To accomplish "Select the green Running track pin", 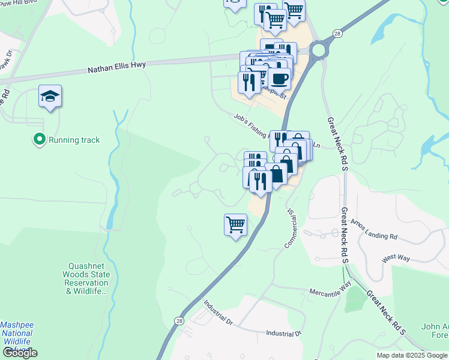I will point(40,140).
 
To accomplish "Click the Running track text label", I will point(74,140).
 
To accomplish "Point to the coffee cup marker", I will point(279,78).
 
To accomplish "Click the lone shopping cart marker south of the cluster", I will point(236,225).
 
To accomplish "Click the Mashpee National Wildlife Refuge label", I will point(17,337).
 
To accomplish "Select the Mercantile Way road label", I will point(330,292).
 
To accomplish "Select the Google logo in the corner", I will point(20,353).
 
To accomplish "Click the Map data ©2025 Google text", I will point(412,355).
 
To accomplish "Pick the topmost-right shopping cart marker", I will point(294,10).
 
